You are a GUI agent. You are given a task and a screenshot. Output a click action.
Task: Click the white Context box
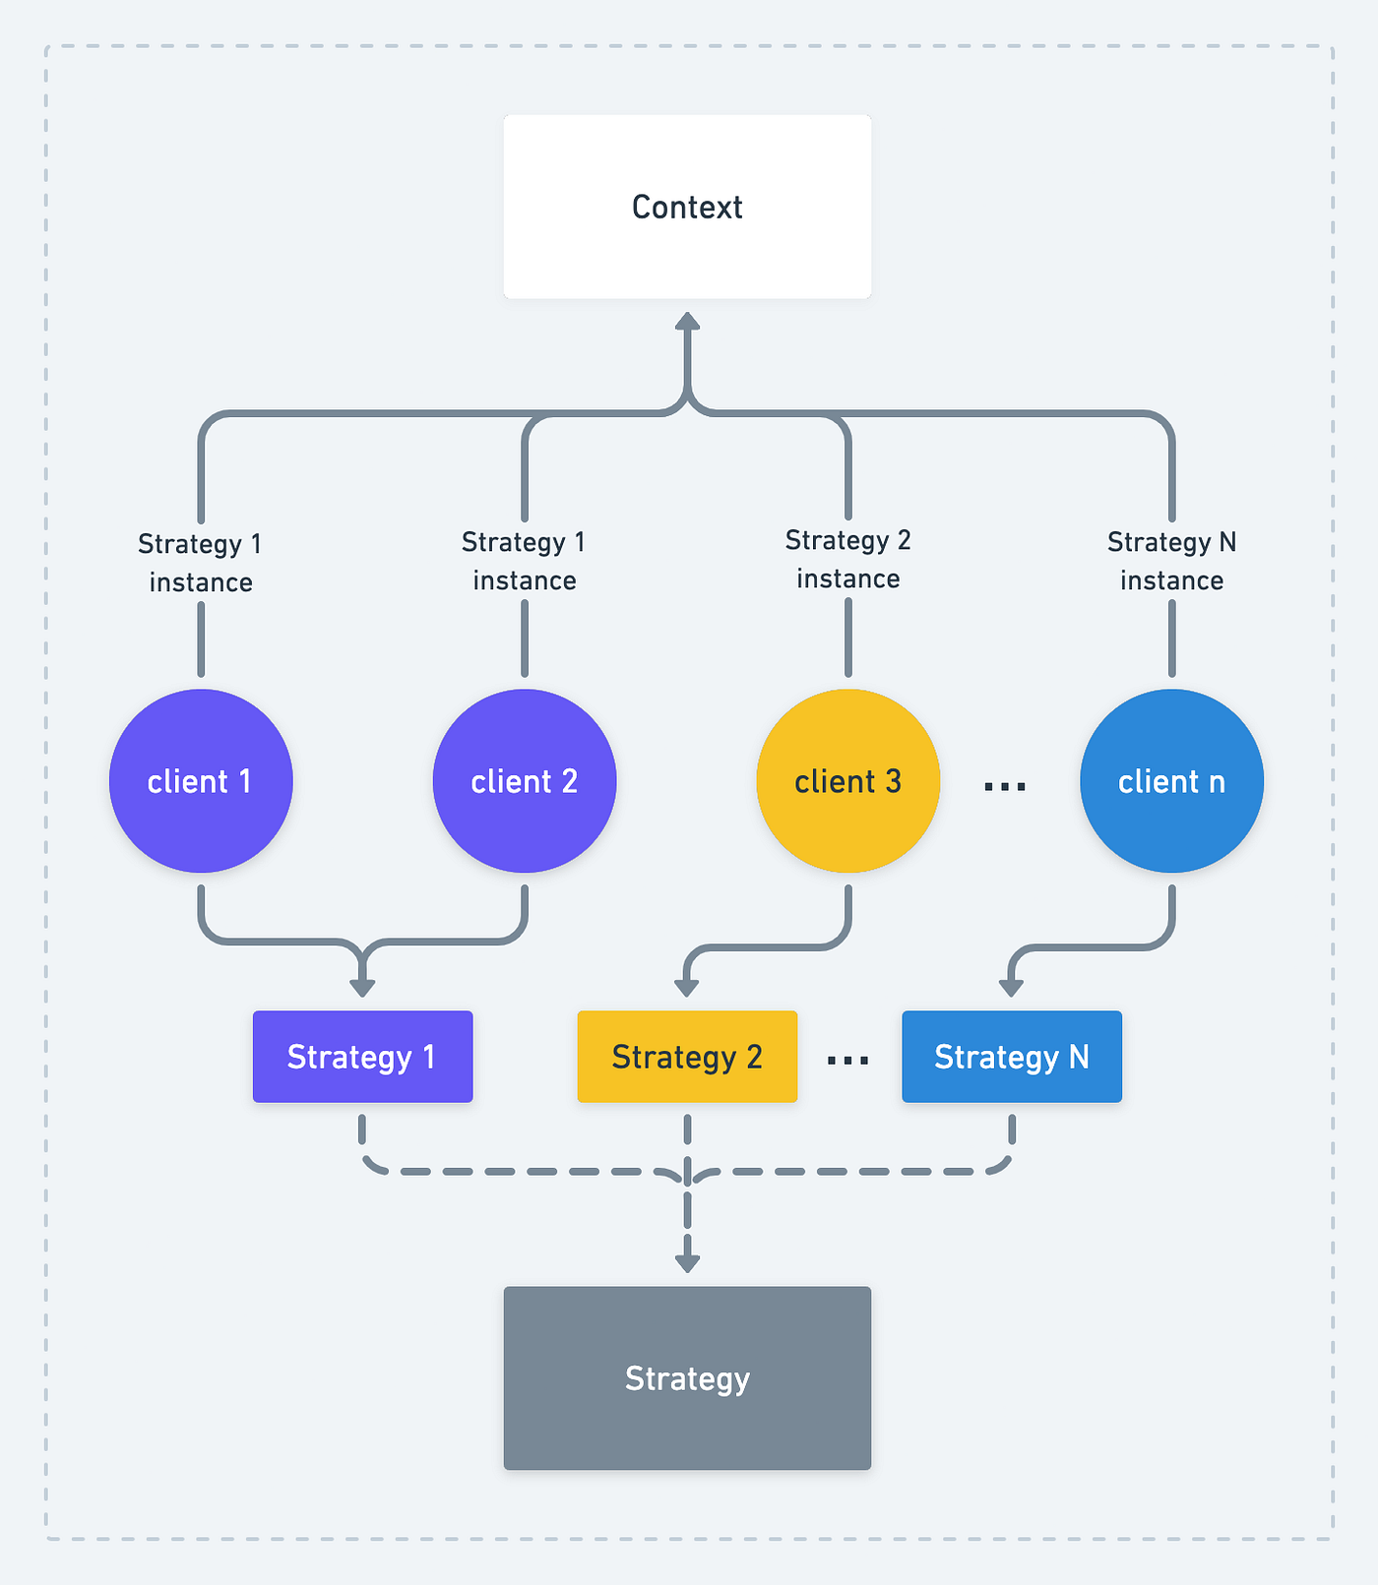(687, 207)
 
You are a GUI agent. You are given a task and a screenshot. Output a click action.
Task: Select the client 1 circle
(201, 781)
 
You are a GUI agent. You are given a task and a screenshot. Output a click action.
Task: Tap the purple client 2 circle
(525, 781)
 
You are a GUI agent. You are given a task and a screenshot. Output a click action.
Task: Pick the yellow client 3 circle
(848, 781)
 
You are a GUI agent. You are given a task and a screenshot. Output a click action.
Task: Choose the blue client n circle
(1171, 781)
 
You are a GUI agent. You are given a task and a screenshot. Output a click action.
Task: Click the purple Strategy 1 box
(363, 1057)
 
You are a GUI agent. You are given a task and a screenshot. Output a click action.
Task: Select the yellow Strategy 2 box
(687, 1057)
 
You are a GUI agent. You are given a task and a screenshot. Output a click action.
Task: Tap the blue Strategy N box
(1012, 1057)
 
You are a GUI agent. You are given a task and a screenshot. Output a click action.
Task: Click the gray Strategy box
(687, 1378)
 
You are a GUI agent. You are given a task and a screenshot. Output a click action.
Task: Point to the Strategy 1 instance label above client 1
(201, 563)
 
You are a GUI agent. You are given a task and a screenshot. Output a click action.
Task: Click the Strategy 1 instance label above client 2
(525, 561)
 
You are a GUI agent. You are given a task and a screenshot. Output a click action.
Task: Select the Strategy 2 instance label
(848, 559)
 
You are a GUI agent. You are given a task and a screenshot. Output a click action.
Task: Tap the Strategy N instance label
(1171, 561)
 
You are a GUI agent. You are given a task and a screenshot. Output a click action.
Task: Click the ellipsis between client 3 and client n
(1005, 786)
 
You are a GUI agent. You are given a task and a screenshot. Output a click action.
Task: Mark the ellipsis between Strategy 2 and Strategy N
(848, 1061)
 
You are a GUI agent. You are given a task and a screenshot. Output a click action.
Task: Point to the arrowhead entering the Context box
(687, 321)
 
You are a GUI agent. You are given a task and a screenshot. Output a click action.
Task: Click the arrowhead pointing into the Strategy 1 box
(363, 988)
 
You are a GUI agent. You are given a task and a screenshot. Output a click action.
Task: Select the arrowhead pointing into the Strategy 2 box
(687, 988)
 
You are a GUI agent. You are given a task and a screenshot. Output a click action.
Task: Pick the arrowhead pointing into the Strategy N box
(1011, 988)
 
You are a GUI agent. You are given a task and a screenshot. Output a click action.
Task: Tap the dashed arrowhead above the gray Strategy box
(687, 1263)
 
